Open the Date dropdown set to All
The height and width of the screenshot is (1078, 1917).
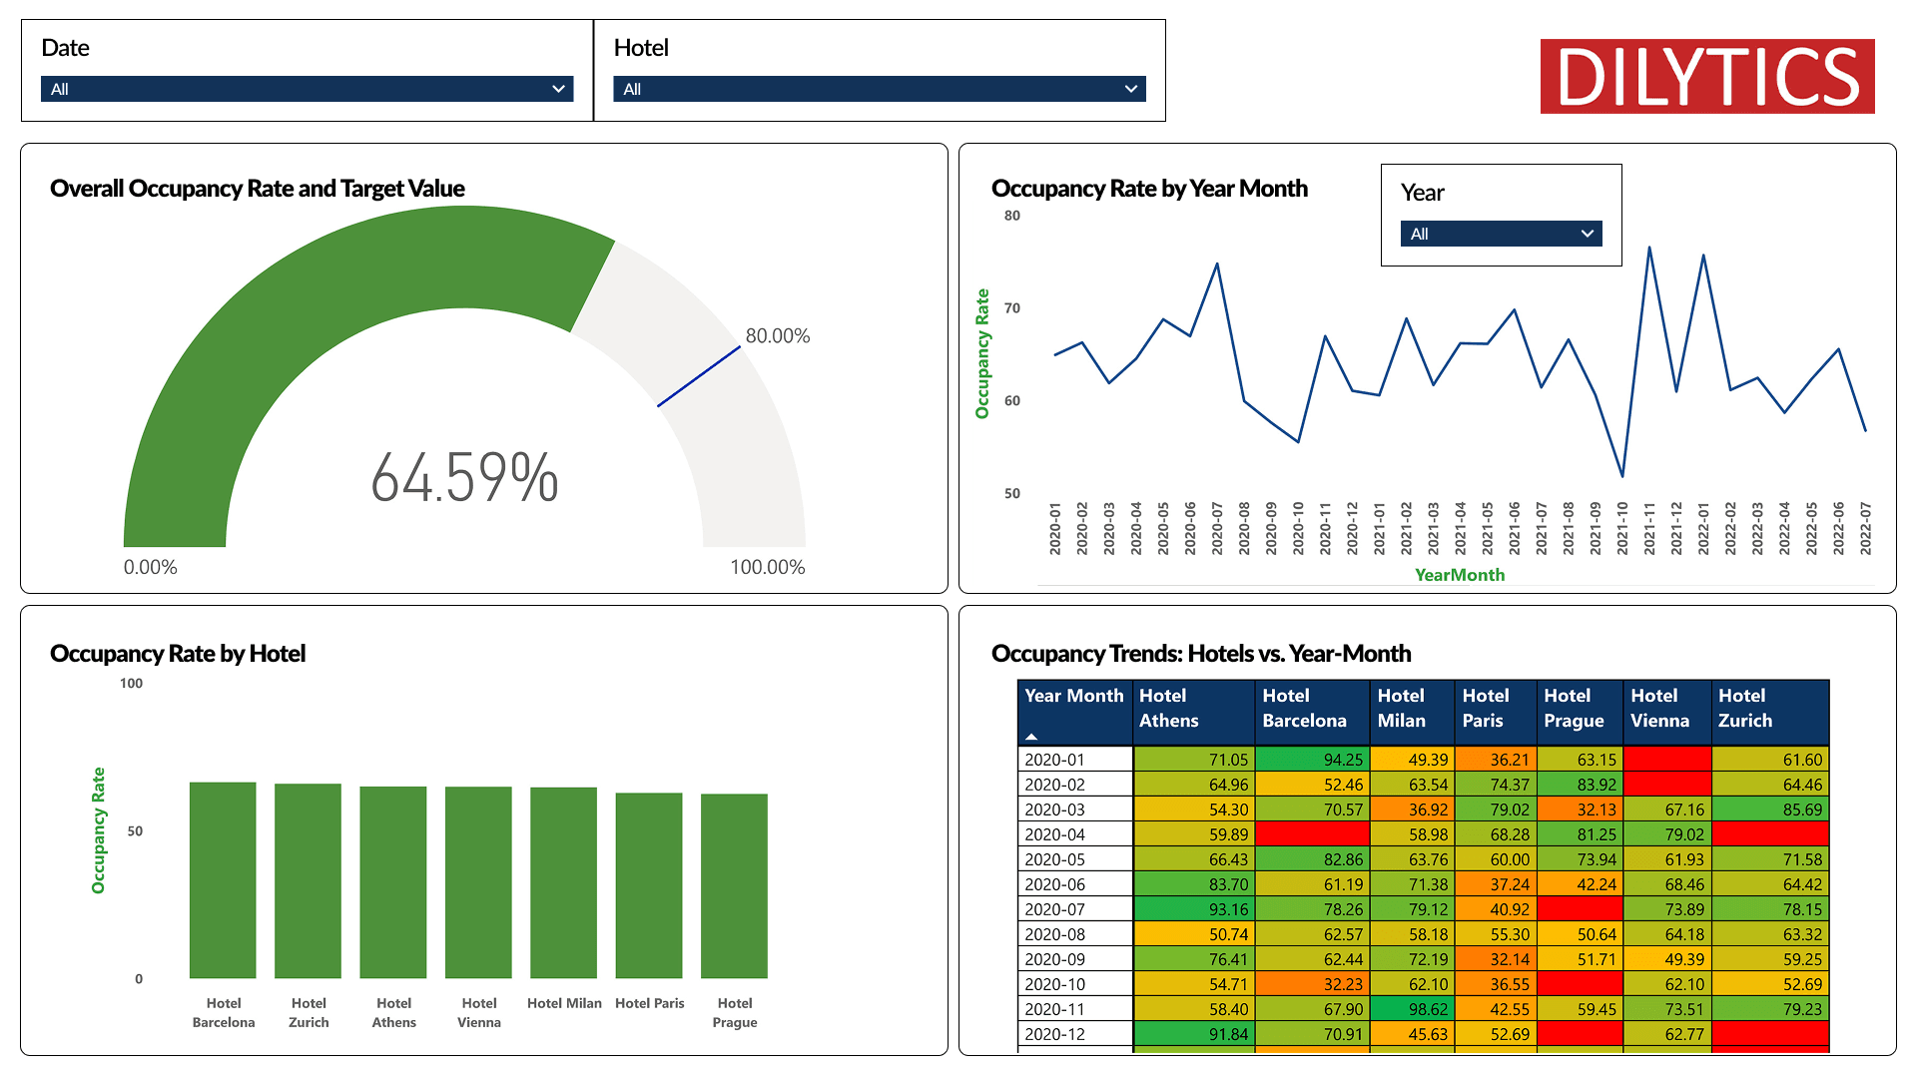click(x=307, y=89)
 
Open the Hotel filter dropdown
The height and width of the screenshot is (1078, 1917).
click(x=879, y=89)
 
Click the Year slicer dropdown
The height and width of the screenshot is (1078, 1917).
click(x=1501, y=234)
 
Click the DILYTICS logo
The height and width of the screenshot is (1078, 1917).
click(x=1706, y=77)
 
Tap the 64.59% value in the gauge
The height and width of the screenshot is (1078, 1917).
click(x=464, y=478)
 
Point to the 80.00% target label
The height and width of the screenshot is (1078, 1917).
click(x=777, y=336)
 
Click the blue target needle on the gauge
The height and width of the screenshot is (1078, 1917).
click(x=699, y=376)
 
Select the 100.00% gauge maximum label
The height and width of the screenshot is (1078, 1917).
click(x=767, y=567)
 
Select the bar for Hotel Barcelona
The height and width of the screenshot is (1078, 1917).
click(x=223, y=878)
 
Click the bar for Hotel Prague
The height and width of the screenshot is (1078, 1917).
click(x=734, y=884)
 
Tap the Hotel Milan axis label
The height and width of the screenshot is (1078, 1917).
click(x=564, y=1003)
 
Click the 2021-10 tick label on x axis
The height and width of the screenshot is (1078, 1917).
click(x=1622, y=528)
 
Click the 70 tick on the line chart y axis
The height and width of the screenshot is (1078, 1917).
click(x=1012, y=308)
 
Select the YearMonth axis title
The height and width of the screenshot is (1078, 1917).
click(x=1459, y=575)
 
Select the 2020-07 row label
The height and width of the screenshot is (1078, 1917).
click(x=1054, y=909)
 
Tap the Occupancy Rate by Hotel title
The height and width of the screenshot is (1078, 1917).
click(x=178, y=654)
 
